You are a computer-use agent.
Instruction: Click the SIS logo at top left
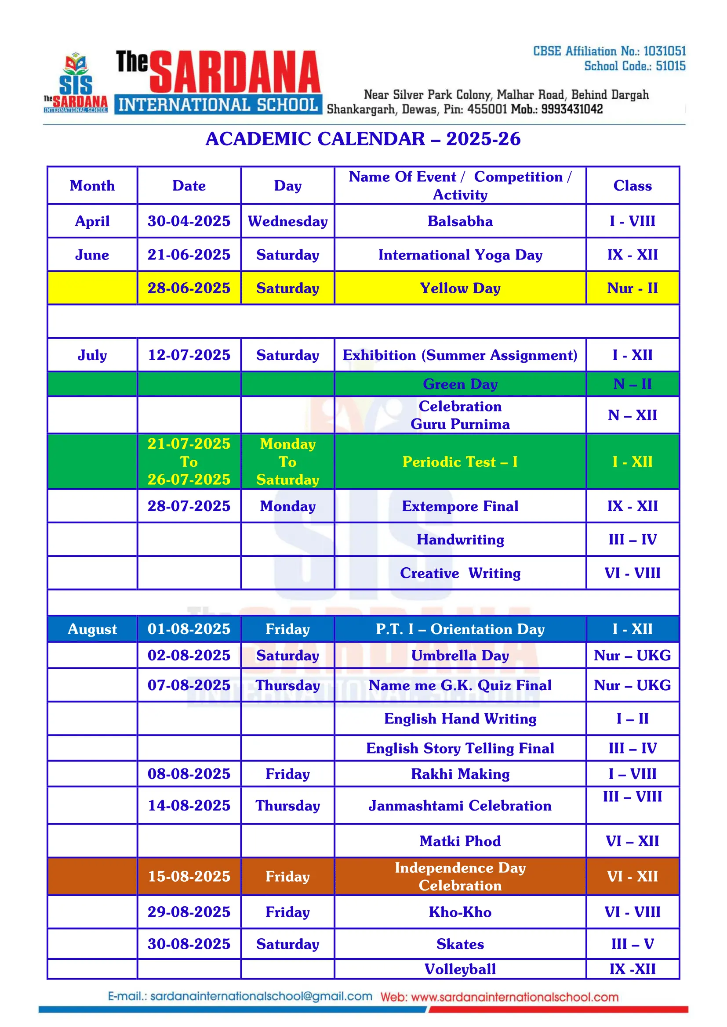tap(76, 83)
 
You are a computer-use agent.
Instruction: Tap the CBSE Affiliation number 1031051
tap(664, 51)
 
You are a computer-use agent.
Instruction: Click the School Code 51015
tap(670, 66)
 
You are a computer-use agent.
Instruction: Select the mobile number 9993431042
tap(572, 109)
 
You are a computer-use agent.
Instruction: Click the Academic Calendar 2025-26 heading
tap(363, 139)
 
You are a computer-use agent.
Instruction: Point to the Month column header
tap(92, 186)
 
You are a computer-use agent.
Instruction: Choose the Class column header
tap(632, 186)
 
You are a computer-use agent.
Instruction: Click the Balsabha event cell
tap(460, 221)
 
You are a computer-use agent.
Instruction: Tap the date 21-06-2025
tap(189, 255)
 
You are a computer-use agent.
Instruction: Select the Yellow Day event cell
tap(460, 288)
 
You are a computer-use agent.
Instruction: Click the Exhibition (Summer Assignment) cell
tap(460, 355)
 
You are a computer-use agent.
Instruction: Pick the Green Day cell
tap(460, 384)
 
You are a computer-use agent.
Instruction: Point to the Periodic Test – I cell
tap(460, 461)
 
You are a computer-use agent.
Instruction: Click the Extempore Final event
tap(460, 506)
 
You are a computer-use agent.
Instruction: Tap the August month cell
tap(92, 629)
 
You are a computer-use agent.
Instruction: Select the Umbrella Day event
tap(460, 655)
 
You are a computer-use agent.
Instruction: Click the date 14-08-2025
tap(189, 806)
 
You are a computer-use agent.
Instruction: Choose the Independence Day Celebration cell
tap(460, 876)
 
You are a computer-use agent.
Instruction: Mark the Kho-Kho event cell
tap(460, 912)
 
